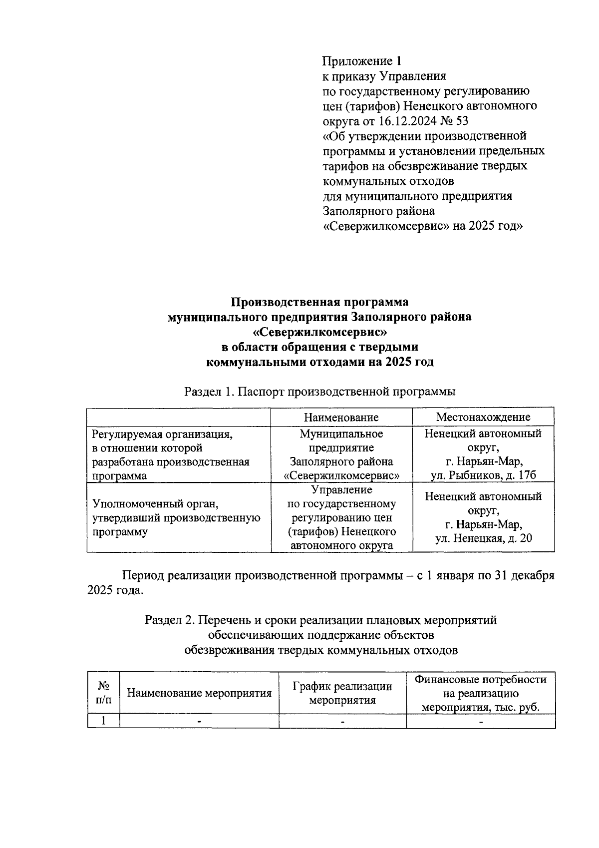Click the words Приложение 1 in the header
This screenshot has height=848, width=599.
pos(362,61)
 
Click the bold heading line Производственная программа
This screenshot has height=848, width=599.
pos(319,302)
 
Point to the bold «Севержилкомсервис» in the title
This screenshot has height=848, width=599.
pos(319,332)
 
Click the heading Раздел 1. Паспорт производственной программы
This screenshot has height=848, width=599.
pos(319,392)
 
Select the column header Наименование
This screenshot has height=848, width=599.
pos(341,417)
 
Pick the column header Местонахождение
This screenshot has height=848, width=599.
pos(483,417)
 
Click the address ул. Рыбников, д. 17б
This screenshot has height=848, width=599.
pos(483,475)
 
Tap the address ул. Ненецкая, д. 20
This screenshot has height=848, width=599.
pos(483,539)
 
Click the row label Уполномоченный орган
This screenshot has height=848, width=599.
pos(156,503)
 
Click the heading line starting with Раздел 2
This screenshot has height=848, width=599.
pos(320,621)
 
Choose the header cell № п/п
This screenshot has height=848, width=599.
pos(103,693)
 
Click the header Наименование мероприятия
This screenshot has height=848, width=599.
pos(199,693)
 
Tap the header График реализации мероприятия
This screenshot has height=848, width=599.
pos(342,693)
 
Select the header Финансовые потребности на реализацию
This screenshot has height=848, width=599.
pos(481,687)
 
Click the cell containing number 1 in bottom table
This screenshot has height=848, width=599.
pos(103,721)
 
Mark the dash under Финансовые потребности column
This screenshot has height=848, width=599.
pos(481,722)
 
